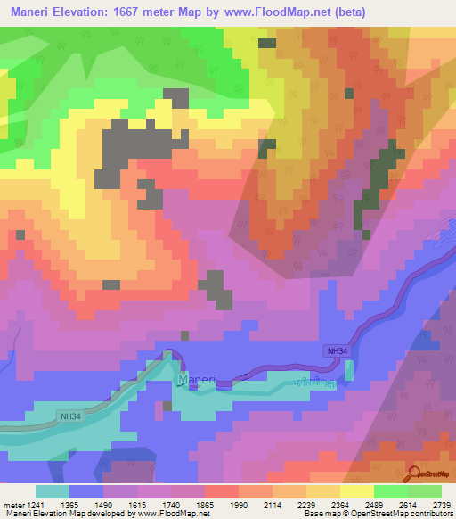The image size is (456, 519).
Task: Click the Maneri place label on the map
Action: pos(197,380)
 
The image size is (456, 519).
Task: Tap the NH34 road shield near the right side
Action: pos(336,352)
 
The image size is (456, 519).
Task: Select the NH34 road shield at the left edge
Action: pos(70,416)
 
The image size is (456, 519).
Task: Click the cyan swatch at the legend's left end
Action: pos(53,491)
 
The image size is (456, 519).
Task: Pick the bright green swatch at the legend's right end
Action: pos(424,491)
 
